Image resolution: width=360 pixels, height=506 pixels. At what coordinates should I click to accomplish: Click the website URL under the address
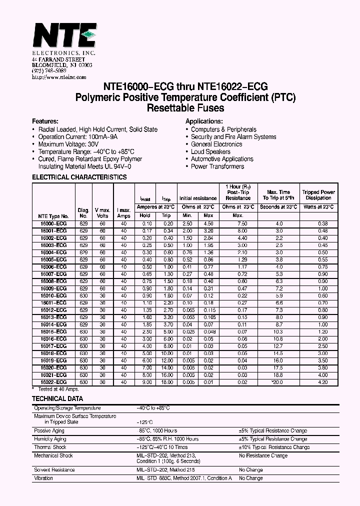click(x=59, y=77)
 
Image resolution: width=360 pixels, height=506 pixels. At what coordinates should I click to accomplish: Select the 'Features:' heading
click(x=45, y=121)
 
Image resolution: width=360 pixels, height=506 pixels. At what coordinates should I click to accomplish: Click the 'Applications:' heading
click(x=204, y=121)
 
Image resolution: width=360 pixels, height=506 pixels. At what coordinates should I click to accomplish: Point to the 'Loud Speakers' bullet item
click(x=210, y=151)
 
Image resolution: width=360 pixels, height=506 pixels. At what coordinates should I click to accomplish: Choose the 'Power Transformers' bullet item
click(x=217, y=166)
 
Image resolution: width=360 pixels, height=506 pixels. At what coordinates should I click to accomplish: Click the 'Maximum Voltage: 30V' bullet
click(x=67, y=144)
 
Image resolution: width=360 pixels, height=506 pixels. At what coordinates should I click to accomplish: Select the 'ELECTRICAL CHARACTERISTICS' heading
click(x=79, y=177)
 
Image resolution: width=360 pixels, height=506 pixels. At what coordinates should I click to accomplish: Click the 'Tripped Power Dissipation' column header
click(x=318, y=195)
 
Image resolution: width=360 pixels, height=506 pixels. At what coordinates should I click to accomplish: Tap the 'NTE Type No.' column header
click(x=53, y=216)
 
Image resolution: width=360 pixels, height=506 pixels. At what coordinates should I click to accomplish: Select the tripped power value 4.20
click(x=322, y=382)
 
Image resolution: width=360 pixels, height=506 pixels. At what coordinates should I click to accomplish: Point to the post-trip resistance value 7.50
click(x=242, y=223)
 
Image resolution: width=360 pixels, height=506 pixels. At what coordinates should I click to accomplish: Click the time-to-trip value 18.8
click(x=278, y=375)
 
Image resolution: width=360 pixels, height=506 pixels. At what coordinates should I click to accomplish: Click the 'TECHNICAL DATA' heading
click(x=57, y=399)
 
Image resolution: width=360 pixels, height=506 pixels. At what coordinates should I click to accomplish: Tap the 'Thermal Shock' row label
click(x=49, y=447)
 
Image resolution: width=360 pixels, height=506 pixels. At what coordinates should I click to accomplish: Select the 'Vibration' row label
click(x=43, y=478)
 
